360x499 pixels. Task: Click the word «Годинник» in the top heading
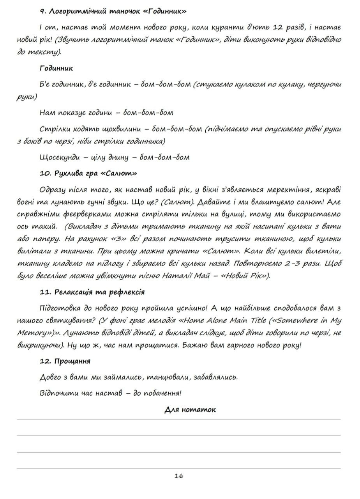point(165,11)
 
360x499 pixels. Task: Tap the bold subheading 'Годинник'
point(56,68)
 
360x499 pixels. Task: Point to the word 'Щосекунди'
point(59,157)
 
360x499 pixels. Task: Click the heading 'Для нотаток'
point(190,409)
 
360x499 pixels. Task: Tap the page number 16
point(179,476)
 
